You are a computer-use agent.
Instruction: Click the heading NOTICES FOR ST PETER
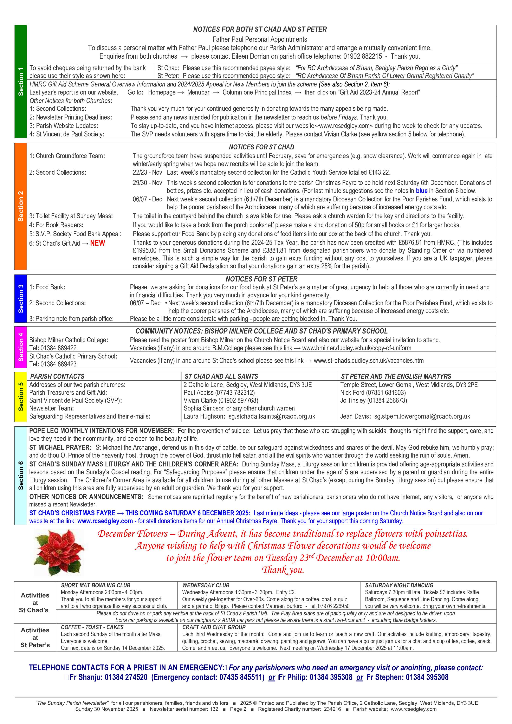click(261, 279)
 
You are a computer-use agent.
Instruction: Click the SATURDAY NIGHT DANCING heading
click(399, 585)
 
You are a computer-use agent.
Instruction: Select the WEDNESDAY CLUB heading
click(206, 585)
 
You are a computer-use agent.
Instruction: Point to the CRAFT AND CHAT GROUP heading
click(214, 627)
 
